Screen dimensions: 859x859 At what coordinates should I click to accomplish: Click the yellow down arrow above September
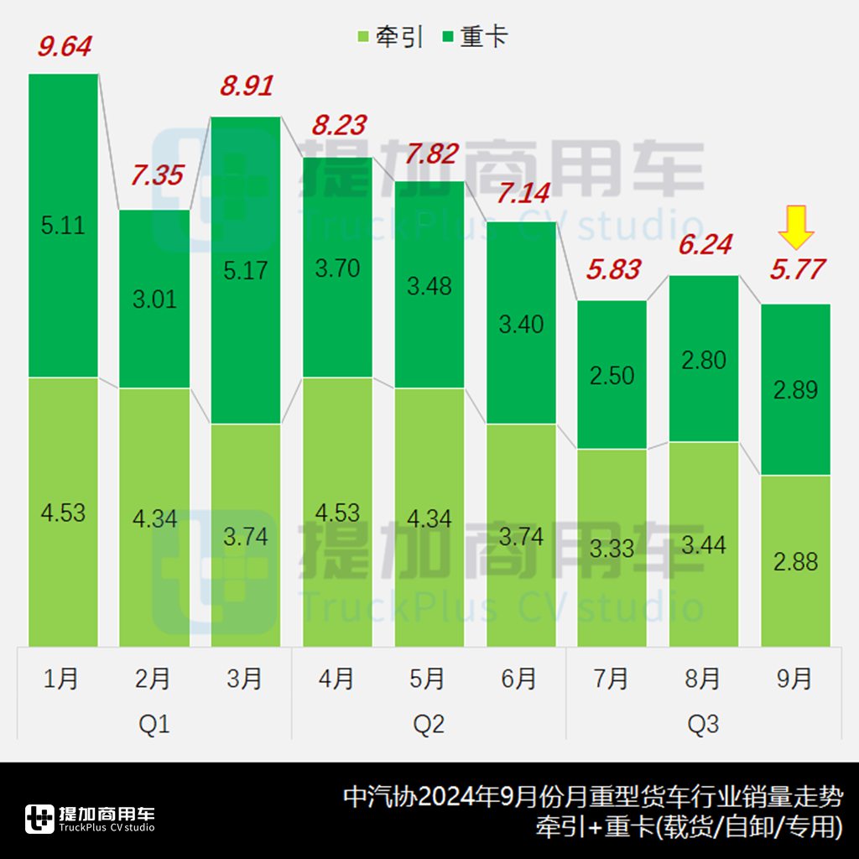[795, 228]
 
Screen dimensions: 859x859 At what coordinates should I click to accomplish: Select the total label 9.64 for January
[64, 47]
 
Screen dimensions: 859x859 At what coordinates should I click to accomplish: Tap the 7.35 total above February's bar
[156, 176]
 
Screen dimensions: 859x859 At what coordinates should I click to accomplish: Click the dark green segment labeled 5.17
[246, 270]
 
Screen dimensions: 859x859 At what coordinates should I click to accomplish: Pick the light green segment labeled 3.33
[612, 548]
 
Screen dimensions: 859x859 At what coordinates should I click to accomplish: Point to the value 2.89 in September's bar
[795, 390]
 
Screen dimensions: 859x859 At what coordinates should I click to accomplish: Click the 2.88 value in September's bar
[795, 561]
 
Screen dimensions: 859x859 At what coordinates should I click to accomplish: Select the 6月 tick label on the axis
[520, 679]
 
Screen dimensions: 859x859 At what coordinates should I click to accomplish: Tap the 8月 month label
[703, 679]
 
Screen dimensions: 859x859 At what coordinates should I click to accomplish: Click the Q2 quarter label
[429, 724]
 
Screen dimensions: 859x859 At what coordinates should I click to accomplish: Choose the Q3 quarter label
[703, 724]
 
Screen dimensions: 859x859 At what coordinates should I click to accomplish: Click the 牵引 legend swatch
[363, 38]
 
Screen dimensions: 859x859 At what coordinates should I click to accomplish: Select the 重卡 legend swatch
[447, 38]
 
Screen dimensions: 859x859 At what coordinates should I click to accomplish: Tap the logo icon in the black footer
[39, 819]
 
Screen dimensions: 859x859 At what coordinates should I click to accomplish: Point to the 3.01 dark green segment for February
[154, 299]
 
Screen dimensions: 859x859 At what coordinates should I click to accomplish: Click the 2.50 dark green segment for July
[612, 375]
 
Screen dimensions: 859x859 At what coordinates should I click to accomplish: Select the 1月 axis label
[61, 679]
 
